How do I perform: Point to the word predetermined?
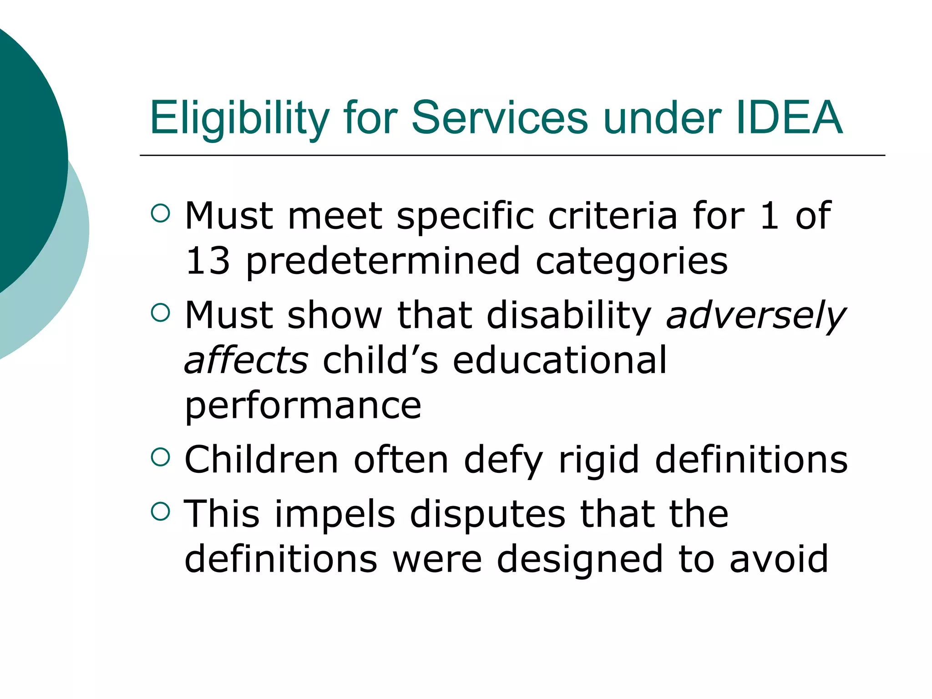coord(383,262)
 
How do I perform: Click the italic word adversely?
coord(755,316)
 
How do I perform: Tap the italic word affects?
coord(246,360)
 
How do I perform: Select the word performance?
coord(303,406)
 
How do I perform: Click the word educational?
coord(560,360)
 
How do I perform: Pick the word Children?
coord(262,460)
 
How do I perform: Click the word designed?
coord(580,560)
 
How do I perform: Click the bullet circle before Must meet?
coord(160,213)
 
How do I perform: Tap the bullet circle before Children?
coord(160,457)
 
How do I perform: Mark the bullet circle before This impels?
coord(160,512)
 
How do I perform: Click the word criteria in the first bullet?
coord(613,216)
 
